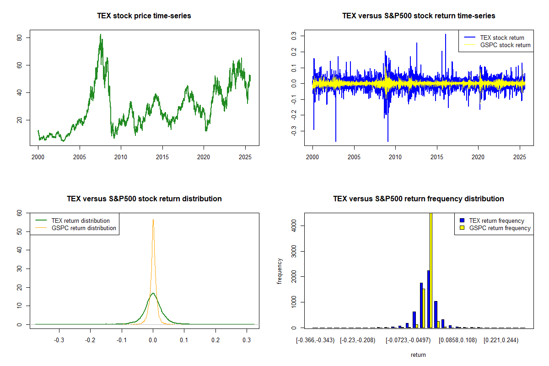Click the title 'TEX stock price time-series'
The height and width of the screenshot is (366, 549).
click(x=144, y=16)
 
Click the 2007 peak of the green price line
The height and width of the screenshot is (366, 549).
click(x=101, y=35)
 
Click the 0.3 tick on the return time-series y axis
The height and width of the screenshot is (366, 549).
click(x=294, y=34)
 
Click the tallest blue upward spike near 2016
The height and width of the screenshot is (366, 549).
click(x=445, y=35)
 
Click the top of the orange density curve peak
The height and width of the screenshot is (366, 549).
click(x=153, y=220)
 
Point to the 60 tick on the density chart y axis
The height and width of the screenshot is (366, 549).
click(x=19, y=213)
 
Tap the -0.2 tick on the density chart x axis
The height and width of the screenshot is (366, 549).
click(x=91, y=340)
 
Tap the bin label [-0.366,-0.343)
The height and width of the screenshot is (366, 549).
click(x=315, y=340)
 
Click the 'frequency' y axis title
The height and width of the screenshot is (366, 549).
click(x=280, y=271)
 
